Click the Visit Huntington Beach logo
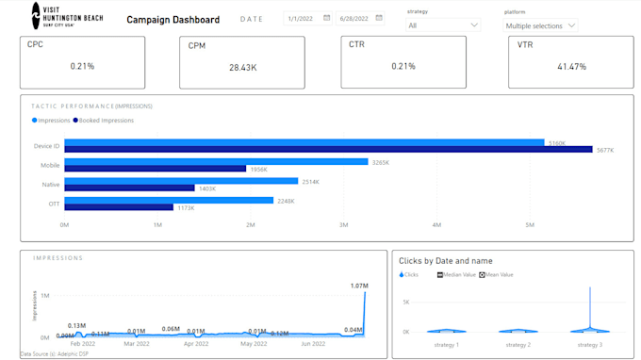66,15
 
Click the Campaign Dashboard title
173,20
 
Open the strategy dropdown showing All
442,25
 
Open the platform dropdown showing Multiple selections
540,26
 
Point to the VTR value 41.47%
571,67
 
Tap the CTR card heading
356,44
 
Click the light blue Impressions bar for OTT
169,200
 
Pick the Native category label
51,185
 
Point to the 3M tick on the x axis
343,225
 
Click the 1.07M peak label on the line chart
358,286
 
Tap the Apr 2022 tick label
195,345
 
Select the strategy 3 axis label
590,345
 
